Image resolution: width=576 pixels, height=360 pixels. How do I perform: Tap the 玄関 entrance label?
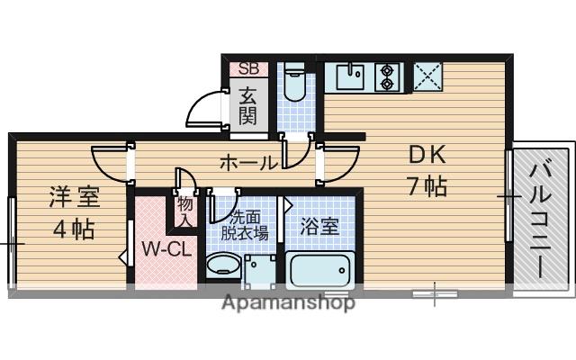[247, 104]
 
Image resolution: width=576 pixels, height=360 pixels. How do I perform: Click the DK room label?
[427, 156]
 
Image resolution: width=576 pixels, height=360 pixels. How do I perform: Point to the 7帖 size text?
[427, 187]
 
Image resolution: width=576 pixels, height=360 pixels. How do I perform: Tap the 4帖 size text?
[74, 229]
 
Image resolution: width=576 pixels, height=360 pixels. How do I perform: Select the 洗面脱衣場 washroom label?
[247, 224]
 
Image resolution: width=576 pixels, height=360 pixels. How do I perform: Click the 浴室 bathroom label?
[319, 225]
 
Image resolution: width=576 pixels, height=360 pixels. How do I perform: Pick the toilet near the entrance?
[292, 85]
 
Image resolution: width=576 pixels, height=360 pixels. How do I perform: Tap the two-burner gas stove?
[389, 76]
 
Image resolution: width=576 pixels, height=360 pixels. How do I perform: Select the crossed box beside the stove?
[427, 76]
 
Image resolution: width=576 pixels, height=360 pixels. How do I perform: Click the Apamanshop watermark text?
[288, 302]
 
